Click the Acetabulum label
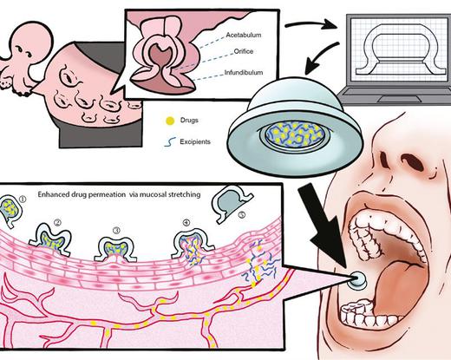(244, 35)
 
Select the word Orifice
(244, 51)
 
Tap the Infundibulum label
(244, 72)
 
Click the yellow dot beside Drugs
(170, 121)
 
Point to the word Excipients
(195, 141)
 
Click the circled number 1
(23, 199)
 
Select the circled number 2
(58, 222)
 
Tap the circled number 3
(116, 230)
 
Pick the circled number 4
(186, 222)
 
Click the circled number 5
(242, 215)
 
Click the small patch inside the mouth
(357, 279)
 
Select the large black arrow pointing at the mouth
(323, 226)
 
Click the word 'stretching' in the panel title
(185, 194)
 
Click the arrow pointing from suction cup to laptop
(311, 24)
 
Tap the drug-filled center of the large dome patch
(294, 134)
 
